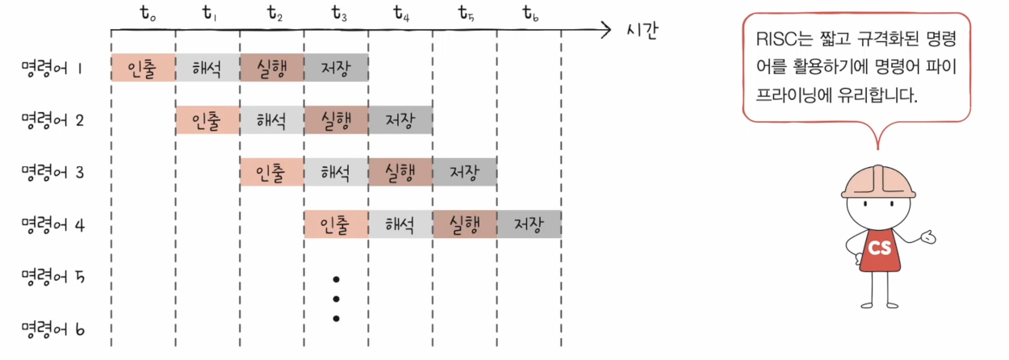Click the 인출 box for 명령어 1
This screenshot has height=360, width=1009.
tap(143, 68)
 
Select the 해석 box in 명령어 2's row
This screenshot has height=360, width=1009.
tap(272, 120)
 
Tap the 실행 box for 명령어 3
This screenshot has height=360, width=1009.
tap(400, 172)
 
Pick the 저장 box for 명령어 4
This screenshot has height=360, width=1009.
tap(529, 224)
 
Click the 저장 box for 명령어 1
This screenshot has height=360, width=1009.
tap(336, 68)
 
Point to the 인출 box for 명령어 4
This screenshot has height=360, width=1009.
tap(336, 224)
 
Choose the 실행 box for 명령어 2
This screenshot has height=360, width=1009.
tap(336, 120)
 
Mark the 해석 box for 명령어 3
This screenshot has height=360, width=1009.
tap(336, 172)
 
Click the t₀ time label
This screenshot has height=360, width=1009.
tap(148, 15)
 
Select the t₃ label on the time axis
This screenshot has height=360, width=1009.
tap(340, 15)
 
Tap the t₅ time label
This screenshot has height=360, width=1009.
tap(466, 15)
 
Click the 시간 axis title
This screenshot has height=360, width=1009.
tap(643, 31)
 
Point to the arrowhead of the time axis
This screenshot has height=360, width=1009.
tap(607, 31)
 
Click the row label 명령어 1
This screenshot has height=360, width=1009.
tap(53, 69)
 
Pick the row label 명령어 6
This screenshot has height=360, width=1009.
tap(53, 329)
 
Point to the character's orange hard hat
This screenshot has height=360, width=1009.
tap(878, 181)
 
